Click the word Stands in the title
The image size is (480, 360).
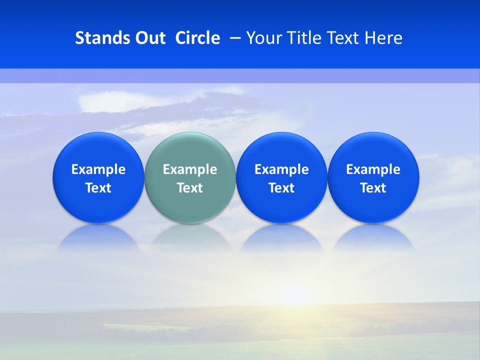pyautogui.click(x=102, y=38)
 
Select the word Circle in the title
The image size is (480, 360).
pyautogui.click(x=197, y=38)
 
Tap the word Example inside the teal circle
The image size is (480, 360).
pyautogui.click(x=190, y=169)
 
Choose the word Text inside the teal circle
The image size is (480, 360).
pyautogui.click(x=190, y=188)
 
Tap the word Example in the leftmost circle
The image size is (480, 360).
pyautogui.click(x=98, y=169)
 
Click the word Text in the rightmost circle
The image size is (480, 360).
pyautogui.click(x=373, y=188)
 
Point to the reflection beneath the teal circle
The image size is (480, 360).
pyautogui.click(x=190, y=237)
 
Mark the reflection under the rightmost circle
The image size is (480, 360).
pyautogui.click(x=373, y=237)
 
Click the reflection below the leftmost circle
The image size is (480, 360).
pyautogui.click(x=98, y=237)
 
